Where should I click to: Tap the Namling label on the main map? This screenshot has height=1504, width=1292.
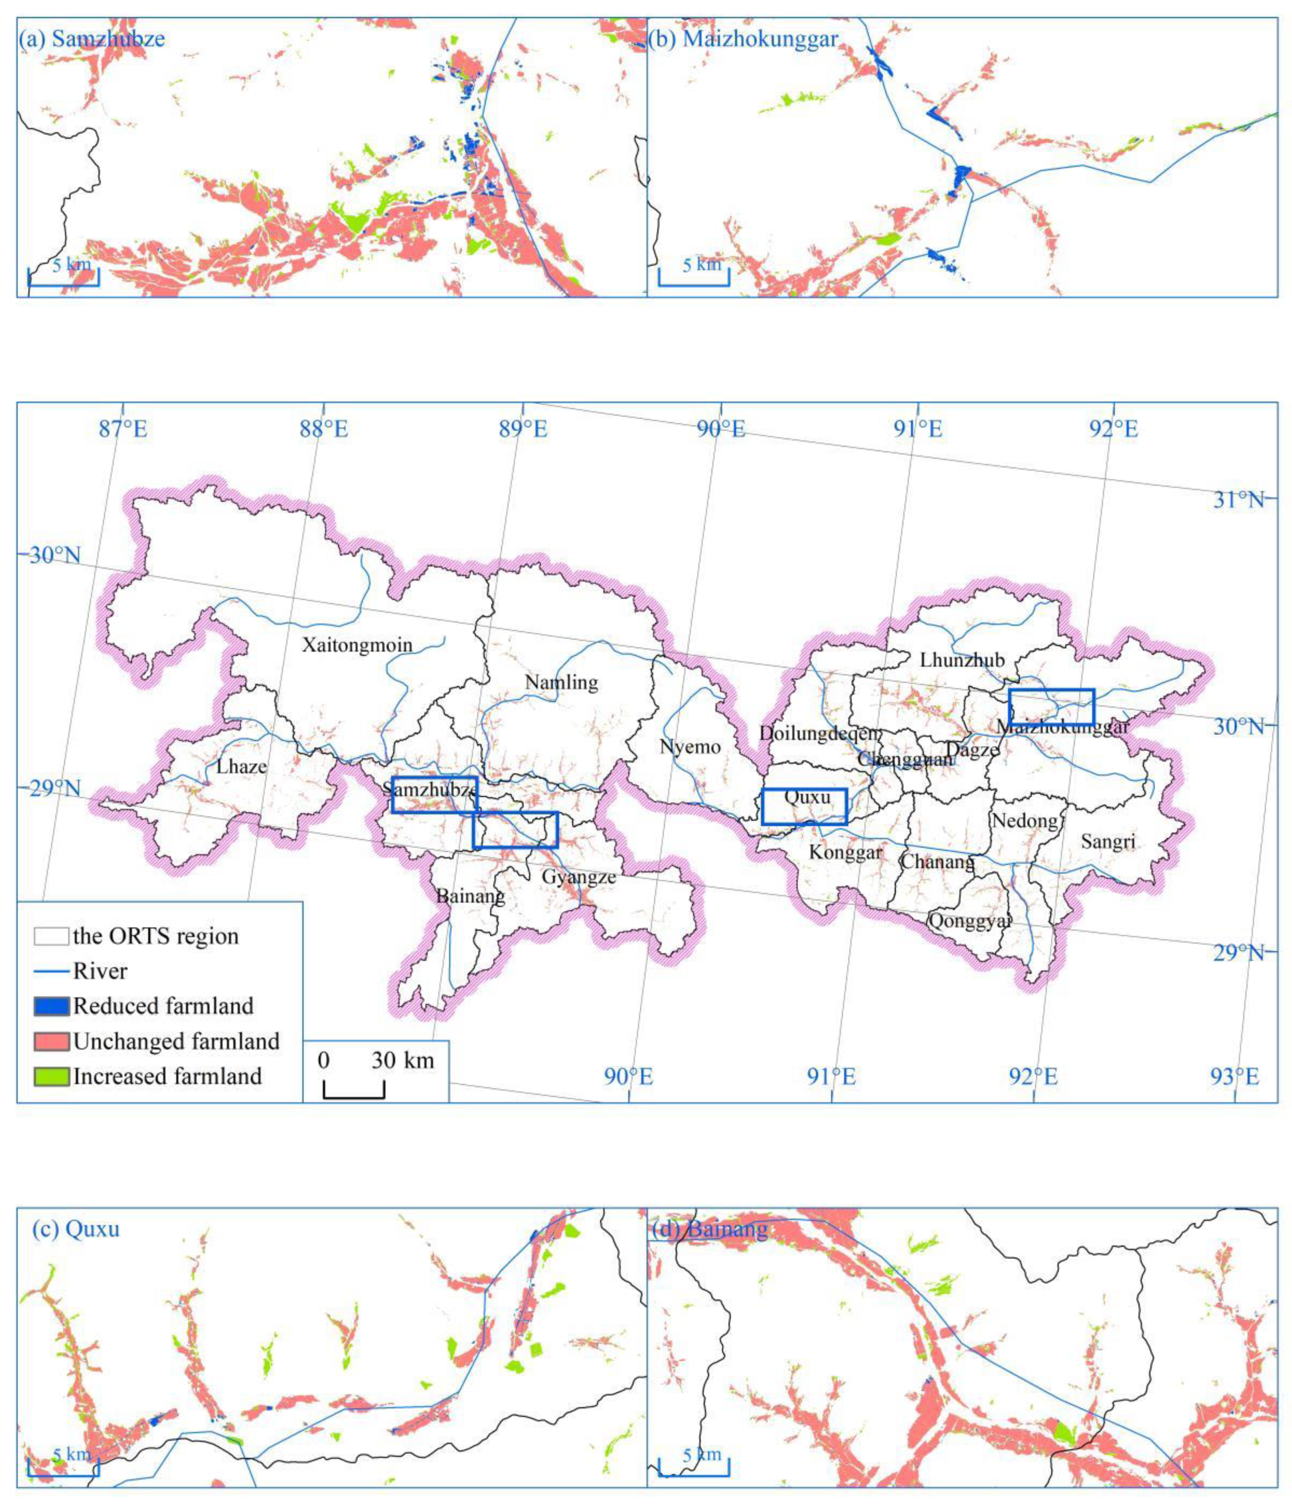point(561,682)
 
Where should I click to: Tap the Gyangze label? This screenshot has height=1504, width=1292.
point(578,876)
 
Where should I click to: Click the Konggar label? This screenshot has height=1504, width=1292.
point(845,852)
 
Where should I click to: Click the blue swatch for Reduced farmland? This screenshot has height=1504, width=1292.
point(51,1006)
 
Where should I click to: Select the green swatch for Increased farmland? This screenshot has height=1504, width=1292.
point(51,1076)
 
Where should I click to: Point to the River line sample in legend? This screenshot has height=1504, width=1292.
point(51,971)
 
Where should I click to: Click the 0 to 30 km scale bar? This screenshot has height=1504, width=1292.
point(354,1089)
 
